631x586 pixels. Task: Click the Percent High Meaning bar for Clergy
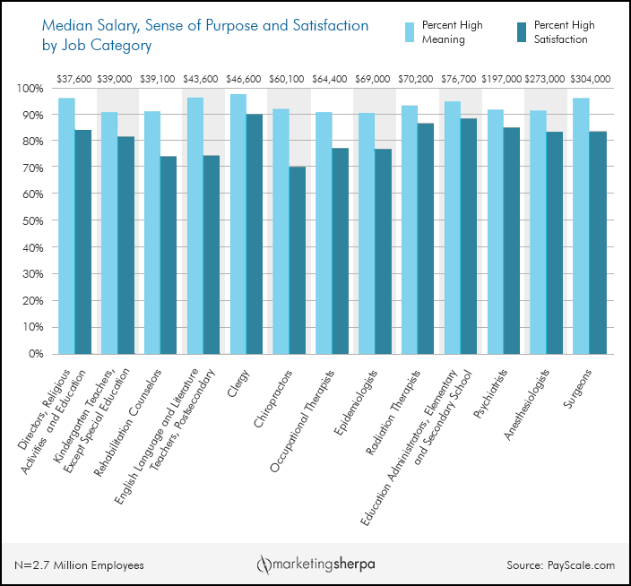(238, 224)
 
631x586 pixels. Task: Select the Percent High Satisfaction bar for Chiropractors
(297, 260)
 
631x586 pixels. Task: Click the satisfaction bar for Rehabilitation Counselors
(169, 254)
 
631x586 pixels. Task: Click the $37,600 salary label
(73, 79)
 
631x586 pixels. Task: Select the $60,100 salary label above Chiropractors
(288, 79)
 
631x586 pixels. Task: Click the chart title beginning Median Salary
(192, 34)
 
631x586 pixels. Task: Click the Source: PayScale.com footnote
(560, 564)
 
